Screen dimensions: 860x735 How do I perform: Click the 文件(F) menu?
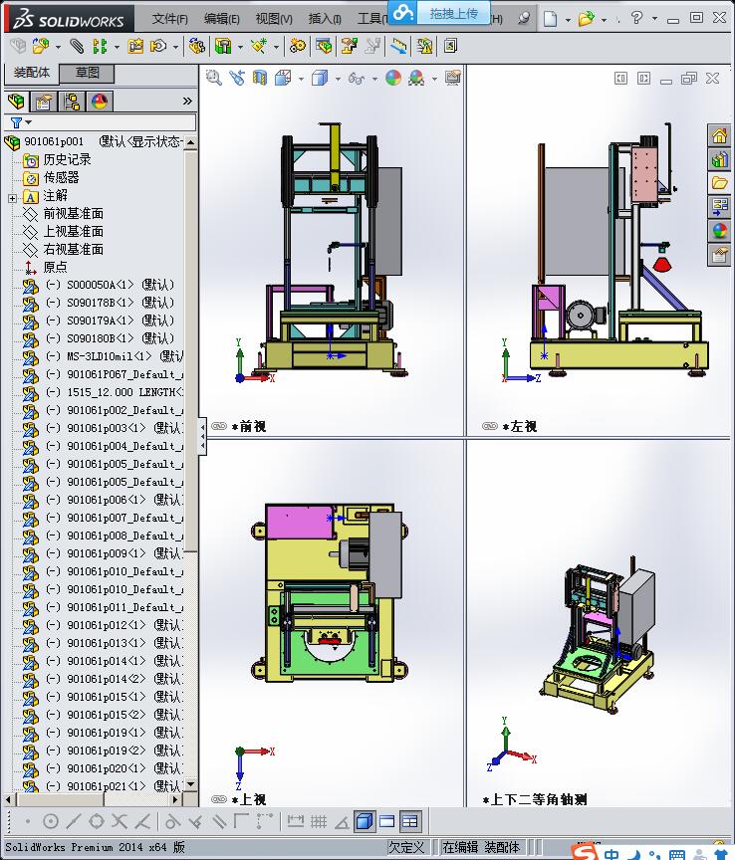[169, 19]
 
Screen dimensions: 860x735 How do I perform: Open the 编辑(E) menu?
[221, 19]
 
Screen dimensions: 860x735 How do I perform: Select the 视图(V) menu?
[274, 19]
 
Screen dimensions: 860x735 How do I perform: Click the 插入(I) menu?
[325, 19]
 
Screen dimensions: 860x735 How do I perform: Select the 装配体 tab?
[32, 73]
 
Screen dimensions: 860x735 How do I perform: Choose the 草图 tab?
[88, 73]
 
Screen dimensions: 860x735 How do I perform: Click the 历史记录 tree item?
[67, 159]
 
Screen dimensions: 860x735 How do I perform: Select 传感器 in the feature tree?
[61, 177]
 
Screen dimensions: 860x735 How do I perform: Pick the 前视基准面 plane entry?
[73, 213]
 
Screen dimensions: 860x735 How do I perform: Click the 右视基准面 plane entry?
[73, 249]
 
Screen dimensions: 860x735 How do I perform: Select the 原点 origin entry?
[55, 267]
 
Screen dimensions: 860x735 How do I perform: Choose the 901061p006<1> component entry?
[112, 500]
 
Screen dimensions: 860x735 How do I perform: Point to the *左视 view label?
[523, 426]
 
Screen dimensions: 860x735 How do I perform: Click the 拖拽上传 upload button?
[453, 13]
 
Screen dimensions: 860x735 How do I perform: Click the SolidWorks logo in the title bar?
[64, 19]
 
